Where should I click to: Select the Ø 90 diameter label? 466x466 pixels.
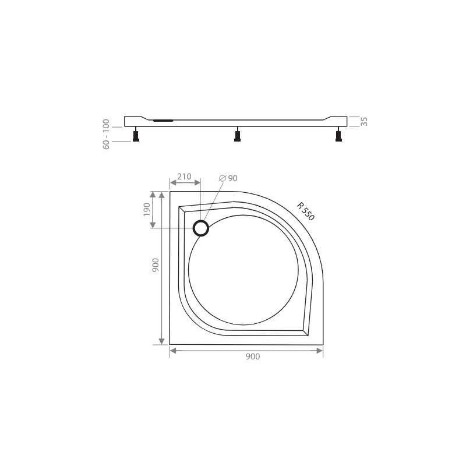point(228,178)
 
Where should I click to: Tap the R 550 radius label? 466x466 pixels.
point(305,210)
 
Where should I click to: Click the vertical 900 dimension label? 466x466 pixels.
point(154,267)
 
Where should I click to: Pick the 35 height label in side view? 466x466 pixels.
point(364,121)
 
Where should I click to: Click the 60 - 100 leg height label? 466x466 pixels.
point(107,135)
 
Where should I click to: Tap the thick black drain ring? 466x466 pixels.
point(201,228)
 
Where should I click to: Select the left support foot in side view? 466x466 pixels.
point(136,136)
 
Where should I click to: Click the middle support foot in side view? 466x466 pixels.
point(237,136)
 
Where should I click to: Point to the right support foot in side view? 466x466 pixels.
point(338,136)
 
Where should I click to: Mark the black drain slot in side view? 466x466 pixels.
point(163,121)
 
